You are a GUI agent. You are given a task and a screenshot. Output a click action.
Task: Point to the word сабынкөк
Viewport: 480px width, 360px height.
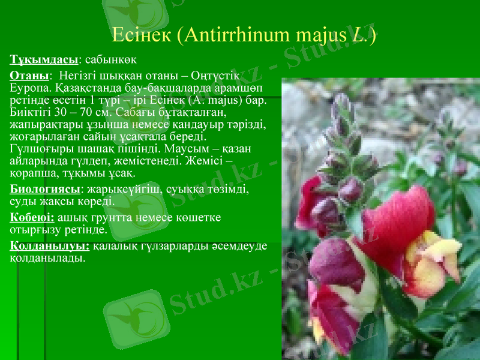[111, 59]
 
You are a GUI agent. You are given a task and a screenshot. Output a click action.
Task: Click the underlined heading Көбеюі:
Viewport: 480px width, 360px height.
[32, 217]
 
